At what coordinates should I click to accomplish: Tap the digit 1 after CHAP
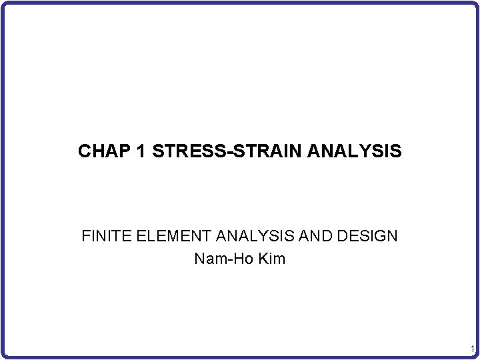(141, 152)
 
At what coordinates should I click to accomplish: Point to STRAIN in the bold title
(261, 152)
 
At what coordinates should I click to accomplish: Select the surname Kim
(270, 259)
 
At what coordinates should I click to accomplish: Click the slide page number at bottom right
(471, 350)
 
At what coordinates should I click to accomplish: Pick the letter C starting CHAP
(84, 152)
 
